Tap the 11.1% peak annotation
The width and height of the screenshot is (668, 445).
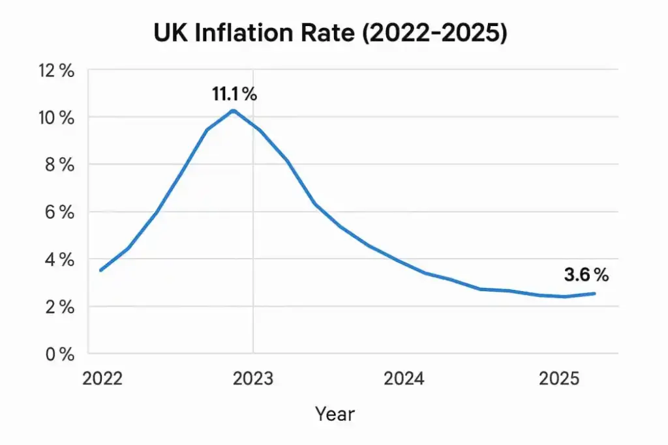[x=234, y=94]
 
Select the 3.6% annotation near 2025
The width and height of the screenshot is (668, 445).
[x=586, y=276]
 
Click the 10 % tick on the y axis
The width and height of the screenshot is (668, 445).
[x=57, y=118]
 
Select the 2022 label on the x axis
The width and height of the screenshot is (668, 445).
[x=102, y=379]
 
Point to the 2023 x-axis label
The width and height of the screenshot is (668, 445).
[x=253, y=379]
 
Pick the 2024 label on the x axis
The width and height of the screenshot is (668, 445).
[x=404, y=379]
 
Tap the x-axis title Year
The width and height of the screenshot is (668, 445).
[x=335, y=413]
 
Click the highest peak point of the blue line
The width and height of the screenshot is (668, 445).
[x=233, y=110]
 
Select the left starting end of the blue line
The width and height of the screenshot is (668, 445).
[x=100, y=270]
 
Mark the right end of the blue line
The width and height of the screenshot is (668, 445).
[x=594, y=293]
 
